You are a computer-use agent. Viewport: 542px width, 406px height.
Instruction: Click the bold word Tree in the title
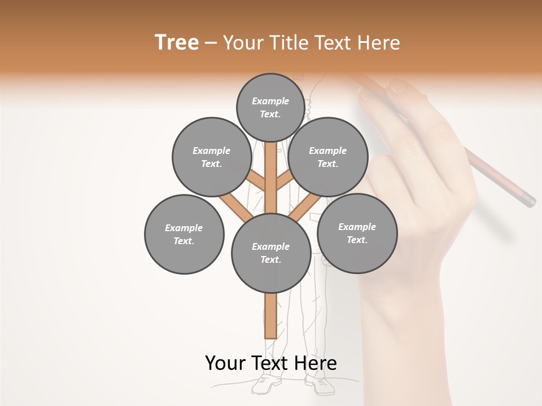coord(177,42)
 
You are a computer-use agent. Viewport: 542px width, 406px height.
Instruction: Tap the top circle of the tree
coord(270,107)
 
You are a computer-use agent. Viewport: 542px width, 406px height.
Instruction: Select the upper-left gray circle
coord(211,157)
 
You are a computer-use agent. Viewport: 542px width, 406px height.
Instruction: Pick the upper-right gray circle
coord(327,157)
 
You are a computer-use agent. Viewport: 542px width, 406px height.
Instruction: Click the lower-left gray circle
coord(184,234)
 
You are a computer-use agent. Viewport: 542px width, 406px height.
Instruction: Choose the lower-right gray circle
coord(357,233)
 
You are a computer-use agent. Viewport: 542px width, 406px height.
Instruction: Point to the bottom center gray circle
coord(270,253)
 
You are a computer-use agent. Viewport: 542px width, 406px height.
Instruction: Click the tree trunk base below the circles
coord(270,316)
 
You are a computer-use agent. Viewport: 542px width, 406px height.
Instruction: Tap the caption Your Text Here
coord(270,363)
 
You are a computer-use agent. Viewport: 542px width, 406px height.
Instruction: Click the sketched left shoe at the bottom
coord(265,385)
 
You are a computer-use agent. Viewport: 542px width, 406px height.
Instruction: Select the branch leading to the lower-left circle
coord(236,207)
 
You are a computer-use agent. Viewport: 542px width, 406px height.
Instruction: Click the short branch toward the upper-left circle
coord(255,182)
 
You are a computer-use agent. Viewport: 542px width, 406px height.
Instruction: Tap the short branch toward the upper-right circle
coord(285,181)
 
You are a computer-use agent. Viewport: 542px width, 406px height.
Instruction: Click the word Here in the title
coord(380,43)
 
